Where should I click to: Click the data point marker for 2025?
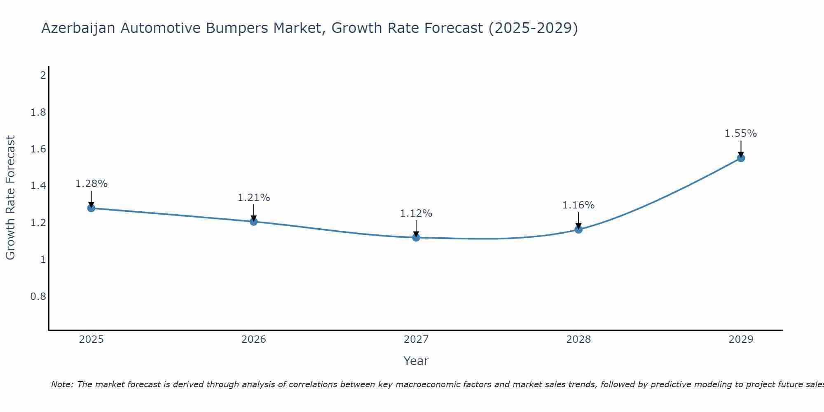pyautogui.click(x=91, y=208)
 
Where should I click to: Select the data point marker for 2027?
pyautogui.click(x=416, y=237)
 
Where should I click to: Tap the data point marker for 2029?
pyautogui.click(x=741, y=158)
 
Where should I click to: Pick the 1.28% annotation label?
pyautogui.click(x=91, y=184)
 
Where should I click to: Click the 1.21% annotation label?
pyautogui.click(x=253, y=198)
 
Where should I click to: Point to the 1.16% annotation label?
pyautogui.click(x=578, y=205)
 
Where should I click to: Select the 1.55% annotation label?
pyautogui.click(x=741, y=133)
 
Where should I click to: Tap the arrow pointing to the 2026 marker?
pyautogui.click(x=253, y=213)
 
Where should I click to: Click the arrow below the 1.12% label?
pyautogui.click(x=416, y=228)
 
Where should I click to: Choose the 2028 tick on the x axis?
pyautogui.click(x=578, y=339)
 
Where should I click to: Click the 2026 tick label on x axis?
pyautogui.click(x=253, y=339)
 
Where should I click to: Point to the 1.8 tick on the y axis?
pyautogui.click(x=38, y=112)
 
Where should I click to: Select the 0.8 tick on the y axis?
pyautogui.click(x=38, y=297)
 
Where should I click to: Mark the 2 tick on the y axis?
pyautogui.click(x=43, y=75)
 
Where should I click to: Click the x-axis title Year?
pyautogui.click(x=416, y=361)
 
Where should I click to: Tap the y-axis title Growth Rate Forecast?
pyautogui.click(x=10, y=198)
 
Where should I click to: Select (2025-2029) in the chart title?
pyautogui.click(x=533, y=28)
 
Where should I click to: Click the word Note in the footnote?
pyautogui.click(x=62, y=384)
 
